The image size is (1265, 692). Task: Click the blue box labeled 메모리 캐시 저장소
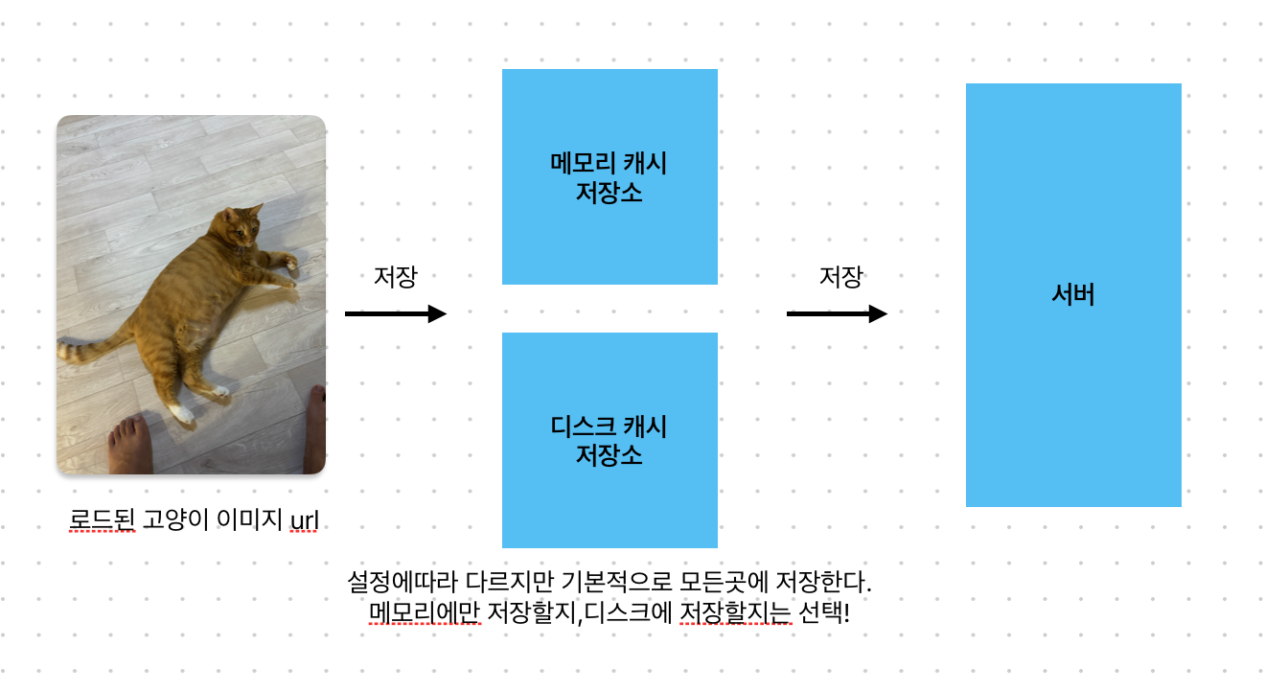pos(609,176)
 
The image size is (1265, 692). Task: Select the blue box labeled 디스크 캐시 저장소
pos(609,440)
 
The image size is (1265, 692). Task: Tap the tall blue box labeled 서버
pos(1073,294)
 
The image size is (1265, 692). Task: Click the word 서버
pos(1073,294)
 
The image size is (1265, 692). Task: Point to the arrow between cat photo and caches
pos(395,313)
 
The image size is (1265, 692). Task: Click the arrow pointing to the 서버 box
pos(837,313)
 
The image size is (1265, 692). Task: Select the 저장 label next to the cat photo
pos(395,277)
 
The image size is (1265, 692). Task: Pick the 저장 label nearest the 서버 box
pos(840,277)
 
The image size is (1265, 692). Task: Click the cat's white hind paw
pos(179,412)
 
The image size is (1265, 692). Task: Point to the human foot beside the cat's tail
pos(128,446)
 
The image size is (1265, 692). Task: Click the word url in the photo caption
pos(304,520)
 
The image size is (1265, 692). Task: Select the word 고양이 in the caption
pos(177,520)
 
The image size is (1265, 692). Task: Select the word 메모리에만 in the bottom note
pos(424,611)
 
